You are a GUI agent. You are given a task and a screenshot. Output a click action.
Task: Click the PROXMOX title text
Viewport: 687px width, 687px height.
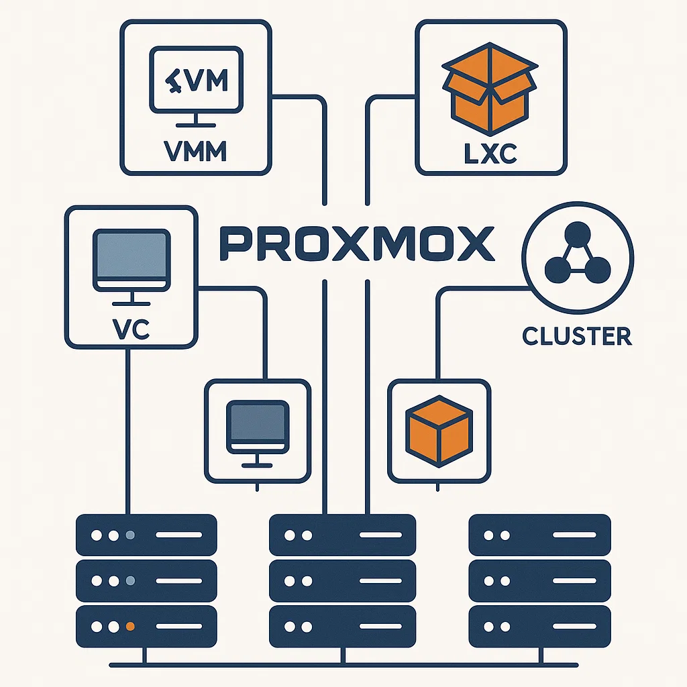(x=356, y=244)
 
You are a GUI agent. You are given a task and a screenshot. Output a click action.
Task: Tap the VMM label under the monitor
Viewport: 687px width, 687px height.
(x=196, y=152)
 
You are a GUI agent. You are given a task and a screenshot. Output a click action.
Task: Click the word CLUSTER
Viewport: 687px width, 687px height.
(x=577, y=335)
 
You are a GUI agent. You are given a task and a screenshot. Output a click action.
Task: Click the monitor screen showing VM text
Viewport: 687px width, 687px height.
(x=196, y=80)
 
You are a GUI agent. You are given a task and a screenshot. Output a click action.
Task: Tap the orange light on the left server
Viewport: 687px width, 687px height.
(x=131, y=626)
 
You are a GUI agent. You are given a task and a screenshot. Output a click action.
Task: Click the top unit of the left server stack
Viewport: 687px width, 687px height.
(x=146, y=536)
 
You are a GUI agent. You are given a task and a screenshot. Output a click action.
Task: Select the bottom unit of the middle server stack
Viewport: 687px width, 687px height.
(x=342, y=626)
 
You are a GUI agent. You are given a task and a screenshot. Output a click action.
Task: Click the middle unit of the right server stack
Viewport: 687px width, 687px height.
(x=539, y=581)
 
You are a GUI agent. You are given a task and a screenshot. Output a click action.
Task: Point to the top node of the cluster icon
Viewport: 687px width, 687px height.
(x=577, y=235)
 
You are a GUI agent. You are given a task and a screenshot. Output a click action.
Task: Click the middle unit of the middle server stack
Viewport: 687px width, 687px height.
(x=342, y=581)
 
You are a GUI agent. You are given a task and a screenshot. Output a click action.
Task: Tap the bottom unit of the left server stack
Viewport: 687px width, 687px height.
(x=146, y=626)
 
